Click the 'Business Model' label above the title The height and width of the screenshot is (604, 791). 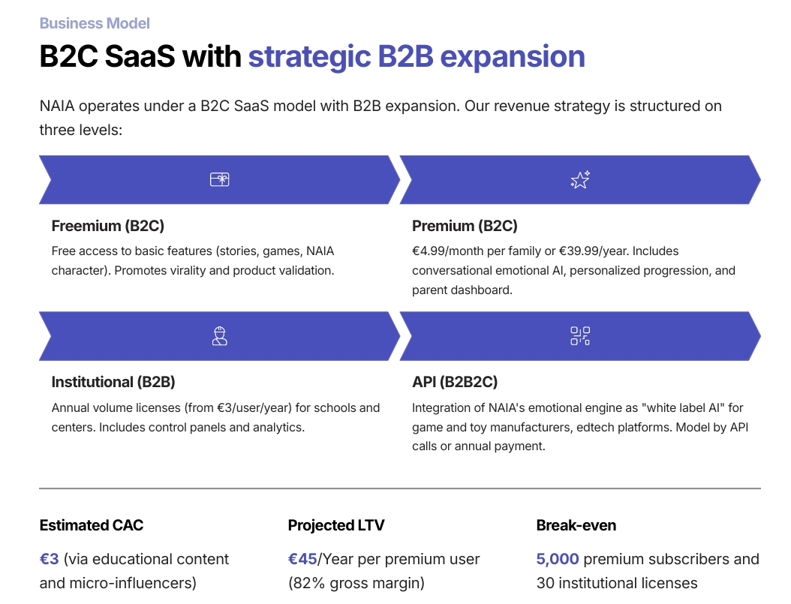[x=95, y=23]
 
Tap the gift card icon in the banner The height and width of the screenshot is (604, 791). [x=219, y=179]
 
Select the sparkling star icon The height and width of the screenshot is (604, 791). [x=580, y=179]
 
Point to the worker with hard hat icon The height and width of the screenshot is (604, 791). [x=219, y=336]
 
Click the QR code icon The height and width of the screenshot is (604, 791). [x=580, y=336]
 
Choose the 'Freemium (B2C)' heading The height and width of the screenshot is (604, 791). [x=107, y=226]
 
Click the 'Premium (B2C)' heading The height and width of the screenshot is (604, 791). [x=465, y=226]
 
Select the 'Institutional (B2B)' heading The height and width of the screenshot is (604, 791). [x=113, y=382]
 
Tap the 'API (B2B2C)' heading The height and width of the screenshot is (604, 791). [x=455, y=382]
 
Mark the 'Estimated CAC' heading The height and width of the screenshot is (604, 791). [x=92, y=525]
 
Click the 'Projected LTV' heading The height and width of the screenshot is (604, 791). [x=336, y=525]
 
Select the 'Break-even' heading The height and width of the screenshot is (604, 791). [x=576, y=525]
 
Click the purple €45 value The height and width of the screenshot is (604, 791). [x=303, y=559]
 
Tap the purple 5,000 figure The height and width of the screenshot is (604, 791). [x=558, y=559]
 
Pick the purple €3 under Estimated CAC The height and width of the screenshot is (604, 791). [x=49, y=559]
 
